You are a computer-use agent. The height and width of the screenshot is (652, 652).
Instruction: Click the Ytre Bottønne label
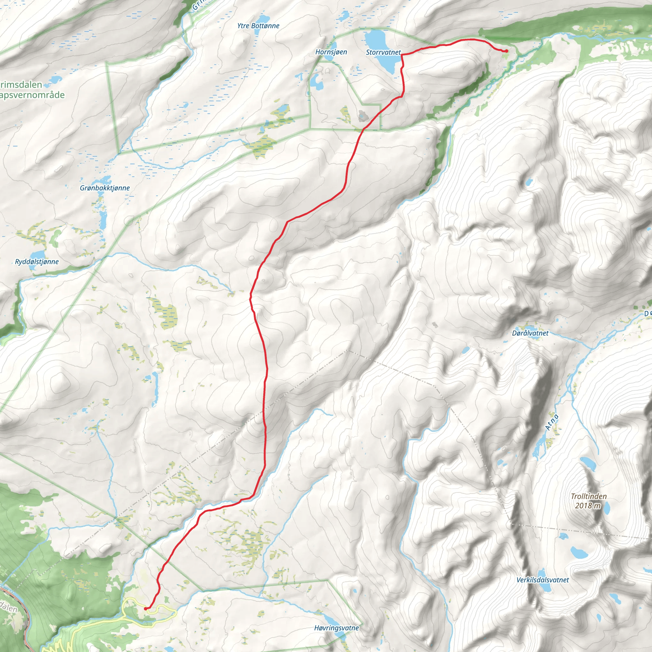click(x=258, y=26)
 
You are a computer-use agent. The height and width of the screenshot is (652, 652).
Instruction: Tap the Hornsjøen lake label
click(x=331, y=52)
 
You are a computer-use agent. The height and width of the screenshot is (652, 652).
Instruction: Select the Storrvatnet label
click(x=383, y=52)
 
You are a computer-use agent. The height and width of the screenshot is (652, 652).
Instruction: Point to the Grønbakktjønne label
click(x=105, y=188)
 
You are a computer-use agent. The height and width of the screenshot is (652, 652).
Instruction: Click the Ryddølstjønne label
click(x=37, y=262)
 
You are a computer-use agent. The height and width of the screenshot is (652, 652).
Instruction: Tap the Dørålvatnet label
click(x=530, y=333)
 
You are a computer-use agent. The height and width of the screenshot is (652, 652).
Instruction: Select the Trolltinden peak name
click(x=589, y=496)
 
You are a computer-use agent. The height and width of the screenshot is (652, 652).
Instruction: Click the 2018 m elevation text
click(x=588, y=505)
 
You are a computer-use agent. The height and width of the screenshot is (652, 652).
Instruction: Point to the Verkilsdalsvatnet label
click(x=543, y=580)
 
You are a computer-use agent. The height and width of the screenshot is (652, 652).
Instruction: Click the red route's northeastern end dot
click(x=507, y=51)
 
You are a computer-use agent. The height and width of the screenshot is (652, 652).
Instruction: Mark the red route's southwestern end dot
click(x=145, y=608)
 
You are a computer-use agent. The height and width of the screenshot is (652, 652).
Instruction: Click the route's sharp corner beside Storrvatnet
click(x=401, y=55)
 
